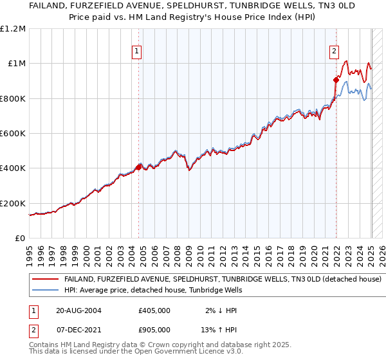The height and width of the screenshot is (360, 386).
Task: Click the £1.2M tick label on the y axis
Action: pyautogui.click(x=13, y=28)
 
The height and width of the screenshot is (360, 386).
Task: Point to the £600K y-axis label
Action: pyautogui.click(x=13, y=134)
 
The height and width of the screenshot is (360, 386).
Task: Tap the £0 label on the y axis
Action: pyautogui.click(x=20, y=239)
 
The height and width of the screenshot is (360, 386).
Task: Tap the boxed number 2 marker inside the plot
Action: pyautogui.click(x=335, y=53)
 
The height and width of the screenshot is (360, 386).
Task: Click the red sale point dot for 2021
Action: pyautogui.click(x=336, y=80)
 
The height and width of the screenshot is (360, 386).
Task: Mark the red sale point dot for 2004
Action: pyautogui.click(x=138, y=167)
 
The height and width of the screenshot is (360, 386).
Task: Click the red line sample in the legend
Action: pyautogui.click(x=46, y=279)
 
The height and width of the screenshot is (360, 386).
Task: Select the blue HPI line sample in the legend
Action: pyautogui.click(x=46, y=291)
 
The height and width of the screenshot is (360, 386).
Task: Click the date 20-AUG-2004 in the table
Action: pyautogui.click(x=78, y=310)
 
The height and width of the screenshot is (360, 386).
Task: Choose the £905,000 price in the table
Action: pyautogui.click(x=154, y=329)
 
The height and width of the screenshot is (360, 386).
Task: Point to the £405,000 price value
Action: pyautogui.click(x=154, y=310)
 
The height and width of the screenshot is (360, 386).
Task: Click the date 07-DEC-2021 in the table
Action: pyautogui.click(x=78, y=329)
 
